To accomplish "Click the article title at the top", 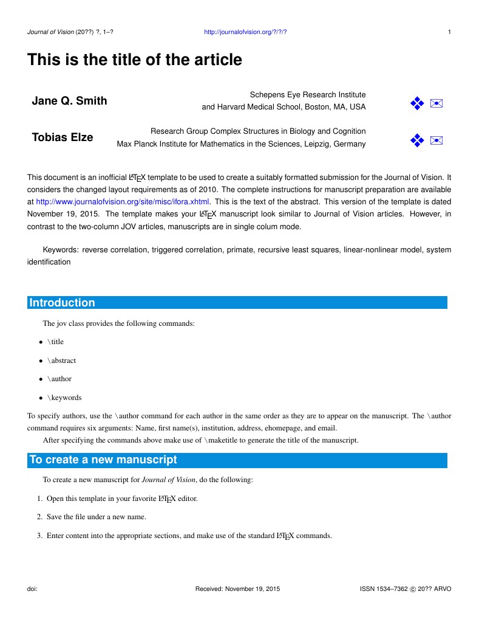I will pos(134,60).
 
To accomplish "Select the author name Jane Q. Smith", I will pos(69,101).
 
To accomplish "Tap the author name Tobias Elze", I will pos(63,137).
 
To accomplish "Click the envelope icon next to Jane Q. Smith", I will pos(436,103).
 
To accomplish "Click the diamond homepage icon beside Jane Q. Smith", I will pos(416,103).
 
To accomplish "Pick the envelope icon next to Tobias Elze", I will pos(436,141).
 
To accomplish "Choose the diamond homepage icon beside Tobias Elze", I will pos(416,141).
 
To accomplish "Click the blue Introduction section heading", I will pos(63,303).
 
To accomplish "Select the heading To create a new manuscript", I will pos(103,460).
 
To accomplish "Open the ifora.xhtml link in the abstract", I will pos(123,201).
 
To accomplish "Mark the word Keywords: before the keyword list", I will pos(61,250).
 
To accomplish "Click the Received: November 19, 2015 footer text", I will pos(237,589).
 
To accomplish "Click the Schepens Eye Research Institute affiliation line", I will pos(308,95).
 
